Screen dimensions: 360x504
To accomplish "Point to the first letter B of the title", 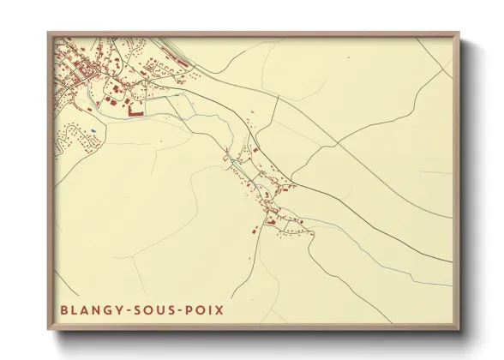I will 64,308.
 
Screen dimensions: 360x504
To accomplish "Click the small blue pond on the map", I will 92,130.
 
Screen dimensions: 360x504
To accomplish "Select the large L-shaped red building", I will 134,110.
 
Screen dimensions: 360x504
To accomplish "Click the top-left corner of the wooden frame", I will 49,33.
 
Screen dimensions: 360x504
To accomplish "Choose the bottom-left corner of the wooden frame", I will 49,330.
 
